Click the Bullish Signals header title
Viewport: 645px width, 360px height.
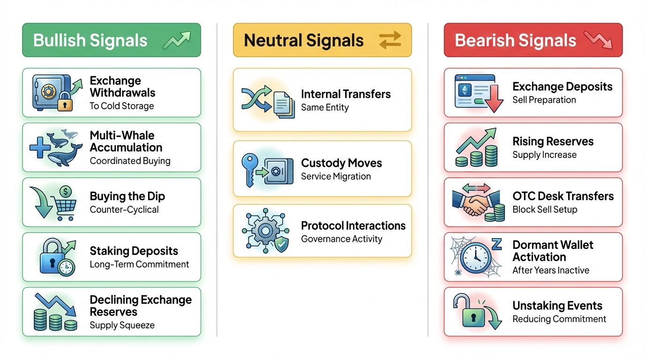point(90,40)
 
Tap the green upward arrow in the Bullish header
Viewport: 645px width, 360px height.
point(177,40)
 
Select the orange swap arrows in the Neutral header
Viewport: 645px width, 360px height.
point(390,40)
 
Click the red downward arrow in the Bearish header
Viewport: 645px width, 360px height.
point(598,40)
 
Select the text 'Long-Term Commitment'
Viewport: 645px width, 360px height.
point(139,264)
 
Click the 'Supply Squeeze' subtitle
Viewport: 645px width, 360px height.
point(122,325)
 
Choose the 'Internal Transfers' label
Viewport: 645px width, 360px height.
point(345,94)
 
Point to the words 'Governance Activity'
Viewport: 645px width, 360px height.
point(341,239)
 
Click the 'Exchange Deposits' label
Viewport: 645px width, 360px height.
point(562,87)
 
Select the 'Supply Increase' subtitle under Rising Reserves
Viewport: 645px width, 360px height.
point(544,155)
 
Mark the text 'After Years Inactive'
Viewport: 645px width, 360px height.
point(551,270)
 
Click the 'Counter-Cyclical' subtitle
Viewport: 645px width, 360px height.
point(124,210)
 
